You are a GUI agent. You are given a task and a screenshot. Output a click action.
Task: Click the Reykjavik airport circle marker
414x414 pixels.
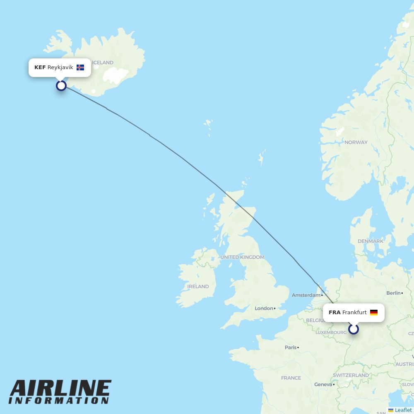(61, 86)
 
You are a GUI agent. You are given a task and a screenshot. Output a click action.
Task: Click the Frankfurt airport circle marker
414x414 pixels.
(354, 329)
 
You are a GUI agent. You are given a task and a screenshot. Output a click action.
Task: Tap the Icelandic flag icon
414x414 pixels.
(80, 67)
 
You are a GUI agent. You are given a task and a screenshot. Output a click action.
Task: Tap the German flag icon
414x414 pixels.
(374, 313)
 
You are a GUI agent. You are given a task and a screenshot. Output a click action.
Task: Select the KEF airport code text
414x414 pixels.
(40, 67)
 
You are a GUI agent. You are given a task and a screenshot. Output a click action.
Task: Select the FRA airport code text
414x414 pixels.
(335, 313)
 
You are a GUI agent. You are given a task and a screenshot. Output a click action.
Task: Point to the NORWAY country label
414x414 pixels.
(356, 142)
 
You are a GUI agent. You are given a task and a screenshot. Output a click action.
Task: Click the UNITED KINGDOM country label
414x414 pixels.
(242, 257)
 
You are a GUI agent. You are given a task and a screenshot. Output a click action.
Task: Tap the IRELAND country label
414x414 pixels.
(198, 286)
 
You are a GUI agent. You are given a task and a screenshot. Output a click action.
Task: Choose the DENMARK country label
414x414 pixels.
(371, 241)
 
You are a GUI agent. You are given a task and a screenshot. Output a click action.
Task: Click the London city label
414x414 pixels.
(264, 308)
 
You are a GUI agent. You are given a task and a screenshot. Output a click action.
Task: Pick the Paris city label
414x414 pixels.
(291, 347)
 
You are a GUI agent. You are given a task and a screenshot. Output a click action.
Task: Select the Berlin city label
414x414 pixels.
(394, 293)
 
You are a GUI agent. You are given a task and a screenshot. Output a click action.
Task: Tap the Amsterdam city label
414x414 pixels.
(306, 295)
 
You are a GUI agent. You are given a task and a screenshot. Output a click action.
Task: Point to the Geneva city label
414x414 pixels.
(323, 385)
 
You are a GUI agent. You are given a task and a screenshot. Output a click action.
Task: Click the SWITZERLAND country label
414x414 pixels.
(351, 375)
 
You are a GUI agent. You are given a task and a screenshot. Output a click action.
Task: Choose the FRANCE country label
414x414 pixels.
(291, 378)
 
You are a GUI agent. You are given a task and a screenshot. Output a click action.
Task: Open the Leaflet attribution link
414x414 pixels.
(403, 410)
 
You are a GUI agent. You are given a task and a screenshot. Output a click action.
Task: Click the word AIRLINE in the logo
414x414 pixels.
(60, 389)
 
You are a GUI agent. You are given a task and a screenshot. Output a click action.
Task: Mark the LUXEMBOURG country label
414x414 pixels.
(331, 332)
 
